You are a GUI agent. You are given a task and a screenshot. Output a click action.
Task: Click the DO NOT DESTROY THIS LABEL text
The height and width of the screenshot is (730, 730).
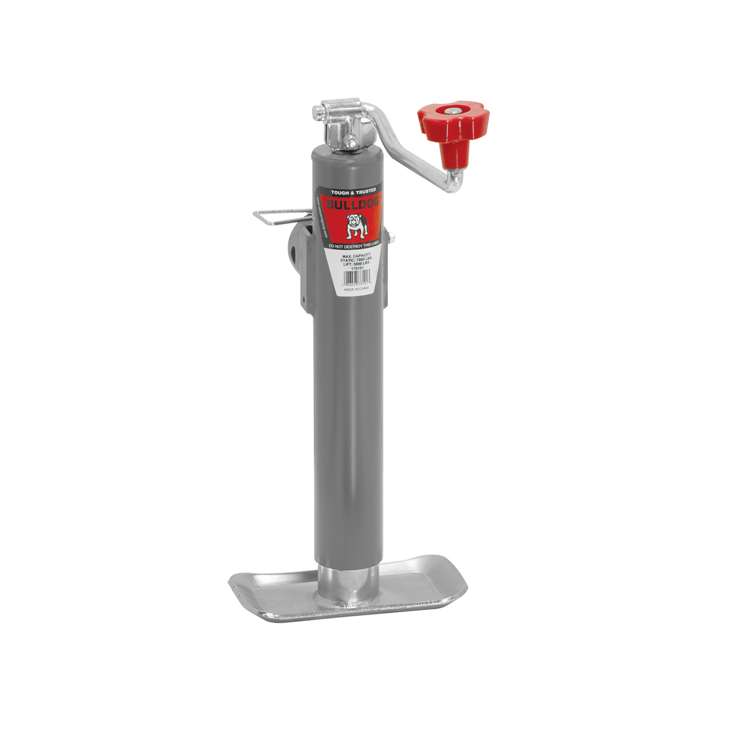click(356, 247)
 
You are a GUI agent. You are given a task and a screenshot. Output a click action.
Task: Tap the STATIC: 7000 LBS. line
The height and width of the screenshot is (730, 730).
click(357, 259)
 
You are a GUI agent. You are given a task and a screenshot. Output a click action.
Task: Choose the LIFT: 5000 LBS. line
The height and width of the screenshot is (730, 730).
click(357, 263)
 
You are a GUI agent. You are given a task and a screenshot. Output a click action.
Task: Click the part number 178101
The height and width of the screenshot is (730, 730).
click(357, 268)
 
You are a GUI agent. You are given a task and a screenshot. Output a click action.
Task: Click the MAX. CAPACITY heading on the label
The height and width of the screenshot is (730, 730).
click(357, 255)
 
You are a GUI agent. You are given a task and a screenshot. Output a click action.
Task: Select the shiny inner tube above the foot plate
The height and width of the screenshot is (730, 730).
click(348, 584)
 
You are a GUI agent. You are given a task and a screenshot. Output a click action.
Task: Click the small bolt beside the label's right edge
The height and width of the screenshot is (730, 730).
click(392, 238)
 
